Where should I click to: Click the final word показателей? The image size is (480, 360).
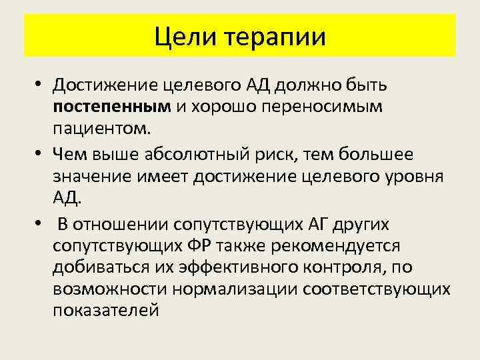pos(105,313)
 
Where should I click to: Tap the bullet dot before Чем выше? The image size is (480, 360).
pos(41,155)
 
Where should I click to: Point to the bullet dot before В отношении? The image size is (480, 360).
pos(41,223)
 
